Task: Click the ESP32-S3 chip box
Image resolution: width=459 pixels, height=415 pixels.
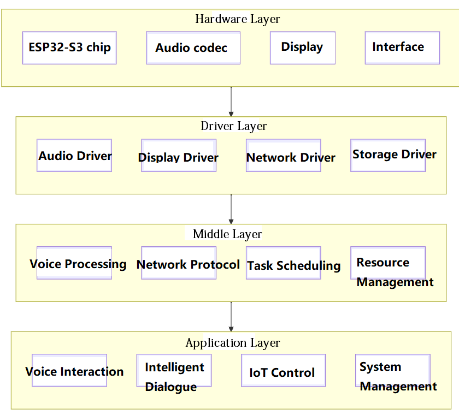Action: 69,48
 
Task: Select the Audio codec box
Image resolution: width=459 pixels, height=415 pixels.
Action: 193,48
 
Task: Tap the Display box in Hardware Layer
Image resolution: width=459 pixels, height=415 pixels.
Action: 302,48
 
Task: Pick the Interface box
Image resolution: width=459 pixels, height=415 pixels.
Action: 402,48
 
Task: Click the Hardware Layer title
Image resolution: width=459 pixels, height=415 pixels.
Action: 238,19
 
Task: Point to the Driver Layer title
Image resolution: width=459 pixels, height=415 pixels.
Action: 234,126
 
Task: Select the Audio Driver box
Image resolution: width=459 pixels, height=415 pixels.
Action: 74,156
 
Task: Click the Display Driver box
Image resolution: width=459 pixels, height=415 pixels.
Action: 179,156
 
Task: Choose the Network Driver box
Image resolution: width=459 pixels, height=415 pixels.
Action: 284,156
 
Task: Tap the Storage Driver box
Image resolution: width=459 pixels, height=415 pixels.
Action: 388,155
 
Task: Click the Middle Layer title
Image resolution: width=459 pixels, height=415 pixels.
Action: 227,234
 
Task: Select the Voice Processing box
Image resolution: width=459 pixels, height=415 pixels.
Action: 74,263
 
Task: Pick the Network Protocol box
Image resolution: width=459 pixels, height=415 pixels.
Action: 179,263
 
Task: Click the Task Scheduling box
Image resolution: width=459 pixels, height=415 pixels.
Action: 284,263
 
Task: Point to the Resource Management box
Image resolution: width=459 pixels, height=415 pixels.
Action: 388,263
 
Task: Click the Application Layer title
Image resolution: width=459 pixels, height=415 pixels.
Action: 233,343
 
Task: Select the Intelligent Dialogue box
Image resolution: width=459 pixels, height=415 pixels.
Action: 174,371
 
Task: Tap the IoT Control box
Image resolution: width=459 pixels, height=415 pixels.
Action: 283,371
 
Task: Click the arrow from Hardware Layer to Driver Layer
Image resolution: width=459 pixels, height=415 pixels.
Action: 231,101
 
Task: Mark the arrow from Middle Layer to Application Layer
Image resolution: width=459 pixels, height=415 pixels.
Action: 231,316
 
